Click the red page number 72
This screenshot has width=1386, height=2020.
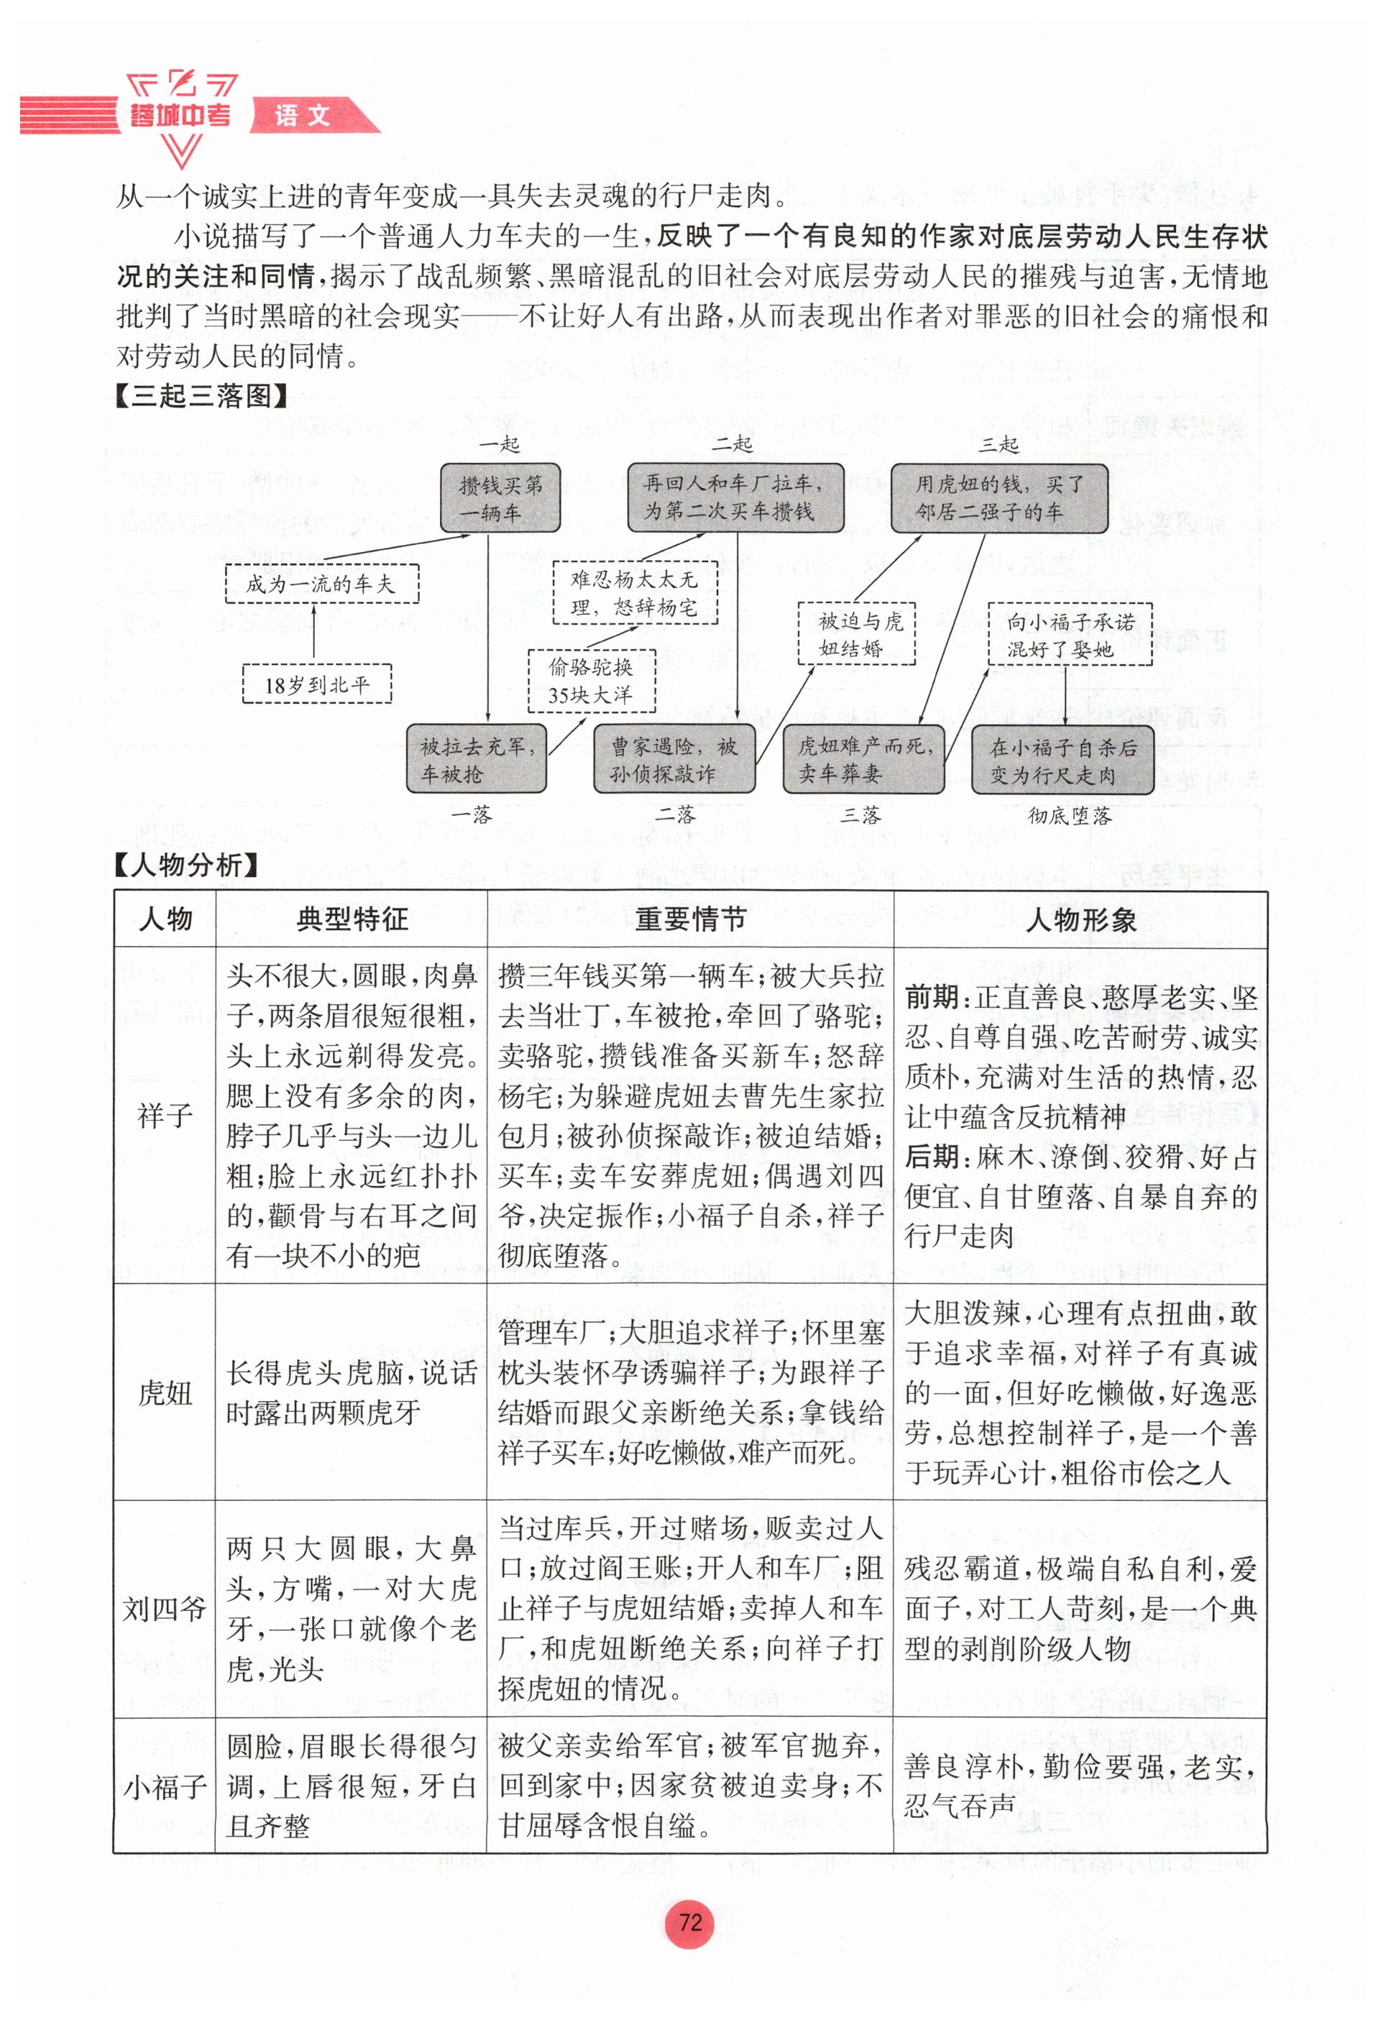pyautogui.click(x=689, y=1921)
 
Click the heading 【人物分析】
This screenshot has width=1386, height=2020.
pyautogui.click(x=187, y=865)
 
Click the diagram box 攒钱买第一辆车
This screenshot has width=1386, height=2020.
pyautogui.click(x=500, y=498)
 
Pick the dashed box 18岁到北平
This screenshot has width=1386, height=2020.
pyautogui.click(x=316, y=685)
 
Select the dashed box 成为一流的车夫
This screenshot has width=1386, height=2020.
pyautogui.click(x=321, y=583)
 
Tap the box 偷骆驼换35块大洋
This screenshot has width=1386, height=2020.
pyautogui.click(x=591, y=681)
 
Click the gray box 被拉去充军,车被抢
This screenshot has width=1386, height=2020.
pyautogui.click(x=476, y=759)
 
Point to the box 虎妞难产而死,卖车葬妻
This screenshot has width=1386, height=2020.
pyautogui.click(x=863, y=759)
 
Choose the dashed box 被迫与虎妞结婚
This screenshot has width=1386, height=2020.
pyautogui.click(x=856, y=633)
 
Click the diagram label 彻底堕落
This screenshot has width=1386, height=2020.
pyautogui.click(x=1069, y=815)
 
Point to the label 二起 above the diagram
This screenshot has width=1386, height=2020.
pyautogui.click(x=732, y=444)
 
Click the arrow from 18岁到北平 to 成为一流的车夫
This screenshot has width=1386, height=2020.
pyautogui.click(x=313, y=633)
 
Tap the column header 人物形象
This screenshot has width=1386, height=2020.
pyautogui.click(x=1080, y=919)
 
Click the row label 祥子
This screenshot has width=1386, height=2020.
pyautogui.click(x=164, y=1115)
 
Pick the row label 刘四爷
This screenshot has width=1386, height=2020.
pyautogui.click(x=164, y=1609)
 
